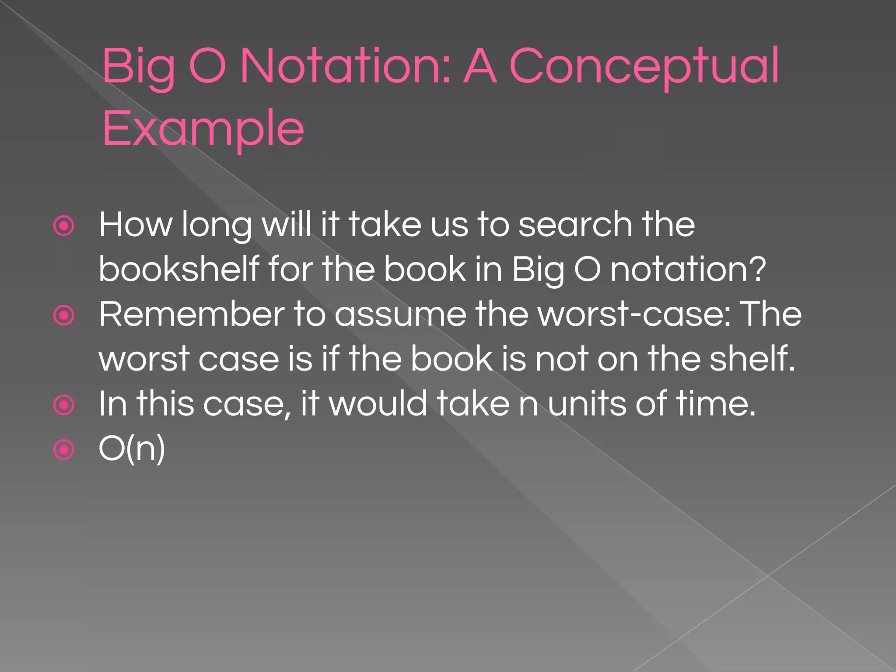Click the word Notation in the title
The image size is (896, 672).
pyautogui.click(x=346, y=66)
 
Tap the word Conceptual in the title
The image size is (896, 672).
pyautogui.click(x=644, y=66)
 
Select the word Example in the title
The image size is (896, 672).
pyautogui.click(x=203, y=129)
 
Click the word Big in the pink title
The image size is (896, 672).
pyautogui.click(x=138, y=66)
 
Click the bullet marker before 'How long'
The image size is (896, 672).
pyautogui.click(x=64, y=226)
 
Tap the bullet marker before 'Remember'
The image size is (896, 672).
pyautogui.click(x=64, y=315)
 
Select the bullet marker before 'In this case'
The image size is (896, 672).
pyautogui.click(x=64, y=405)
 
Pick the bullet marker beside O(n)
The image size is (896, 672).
pyautogui.click(x=64, y=450)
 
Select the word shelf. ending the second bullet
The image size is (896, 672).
pyautogui.click(x=752, y=358)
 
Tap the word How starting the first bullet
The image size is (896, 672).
pyautogui.click(x=135, y=225)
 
